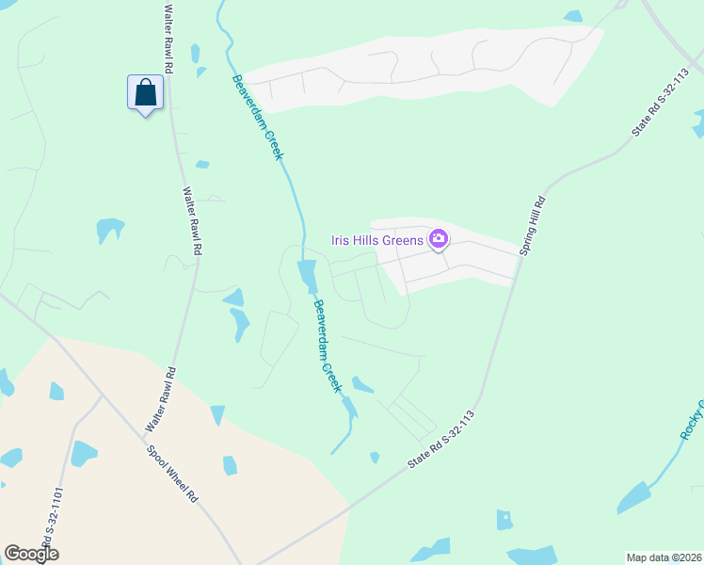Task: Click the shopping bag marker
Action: pyautogui.click(x=145, y=93)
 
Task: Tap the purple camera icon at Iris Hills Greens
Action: pyautogui.click(x=438, y=239)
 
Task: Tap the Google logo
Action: pyautogui.click(x=31, y=554)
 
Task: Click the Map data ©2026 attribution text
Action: pyautogui.click(x=663, y=557)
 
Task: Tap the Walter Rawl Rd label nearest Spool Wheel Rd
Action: pyautogui.click(x=159, y=400)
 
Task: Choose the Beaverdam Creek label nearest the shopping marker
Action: pyautogui.click(x=257, y=117)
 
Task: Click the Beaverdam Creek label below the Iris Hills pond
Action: pyautogui.click(x=326, y=346)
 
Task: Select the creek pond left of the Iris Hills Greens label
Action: pyautogui.click(x=307, y=276)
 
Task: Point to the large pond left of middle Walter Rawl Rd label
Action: pyautogui.click(x=109, y=229)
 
